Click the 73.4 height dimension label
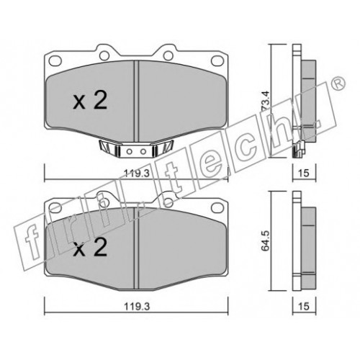[266, 101]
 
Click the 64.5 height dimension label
[266, 241]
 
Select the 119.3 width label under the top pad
[137, 173]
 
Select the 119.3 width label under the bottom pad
[137, 307]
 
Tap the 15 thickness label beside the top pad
[304, 173]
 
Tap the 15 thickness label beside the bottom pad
[304, 307]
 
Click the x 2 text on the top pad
[90, 101]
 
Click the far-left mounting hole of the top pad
[55, 60]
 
